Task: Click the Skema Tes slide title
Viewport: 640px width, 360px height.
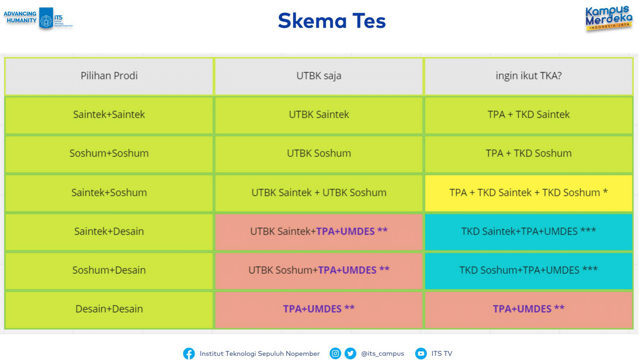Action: click(x=332, y=21)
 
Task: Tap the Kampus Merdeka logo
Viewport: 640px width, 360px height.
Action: click(x=609, y=19)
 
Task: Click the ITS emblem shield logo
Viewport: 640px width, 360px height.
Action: click(x=46, y=18)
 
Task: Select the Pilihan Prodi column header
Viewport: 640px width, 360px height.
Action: click(x=109, y=76)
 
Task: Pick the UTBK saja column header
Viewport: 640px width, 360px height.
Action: click(x=319, y=76)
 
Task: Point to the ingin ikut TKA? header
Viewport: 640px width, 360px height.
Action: click(x=529, y=76)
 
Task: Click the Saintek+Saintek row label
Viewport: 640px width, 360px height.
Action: click(x=109, y=115)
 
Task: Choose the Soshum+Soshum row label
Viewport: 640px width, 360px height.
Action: click(x=109, y=153)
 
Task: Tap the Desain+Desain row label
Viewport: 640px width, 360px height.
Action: click(x=109, y=309)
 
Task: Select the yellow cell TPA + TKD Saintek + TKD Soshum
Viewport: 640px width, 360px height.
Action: click(x=529, y=193)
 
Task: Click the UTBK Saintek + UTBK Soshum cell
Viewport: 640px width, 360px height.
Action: click(x=319, y=193)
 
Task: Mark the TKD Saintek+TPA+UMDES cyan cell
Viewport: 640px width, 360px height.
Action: click(x=529, y=231)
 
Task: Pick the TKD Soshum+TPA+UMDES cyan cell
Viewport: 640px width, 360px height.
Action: click(x=529, y=270)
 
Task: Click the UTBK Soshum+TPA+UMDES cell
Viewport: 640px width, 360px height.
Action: click(x=319, y=270)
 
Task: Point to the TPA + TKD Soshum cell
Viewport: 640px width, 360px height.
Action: click(x=529, y=153)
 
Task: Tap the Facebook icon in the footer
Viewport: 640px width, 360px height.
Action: click(x=189, y=354)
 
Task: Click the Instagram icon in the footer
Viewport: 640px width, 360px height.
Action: click(x=335, y=353)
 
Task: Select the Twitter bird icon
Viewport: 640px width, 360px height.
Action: click(x=350, y=353)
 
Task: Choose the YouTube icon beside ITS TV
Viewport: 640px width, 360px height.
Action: click(x=421, y=353)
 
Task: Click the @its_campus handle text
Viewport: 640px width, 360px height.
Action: click(x=382, y=354)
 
